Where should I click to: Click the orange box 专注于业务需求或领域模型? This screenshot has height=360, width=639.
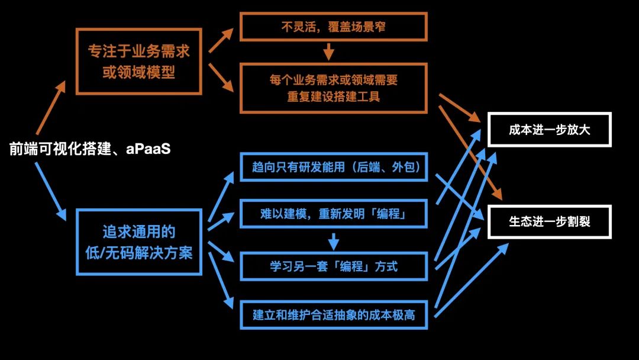[x=139, y=62]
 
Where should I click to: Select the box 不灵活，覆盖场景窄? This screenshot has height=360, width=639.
[x=334, y=27]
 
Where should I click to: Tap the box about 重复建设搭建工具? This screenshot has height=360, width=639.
[x=334, y=88]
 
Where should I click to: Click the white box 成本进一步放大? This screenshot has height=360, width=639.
[x=549, y=130]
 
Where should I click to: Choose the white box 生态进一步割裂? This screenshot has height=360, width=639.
[x=549, y=222]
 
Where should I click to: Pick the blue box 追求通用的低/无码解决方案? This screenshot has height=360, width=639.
[x=139, y=242]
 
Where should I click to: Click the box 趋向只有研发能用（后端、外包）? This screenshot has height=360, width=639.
[x=334, y=168]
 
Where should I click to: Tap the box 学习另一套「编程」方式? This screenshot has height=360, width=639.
[x=334, y=266]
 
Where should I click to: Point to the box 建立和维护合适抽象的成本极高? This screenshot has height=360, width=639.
[x=334, y=314]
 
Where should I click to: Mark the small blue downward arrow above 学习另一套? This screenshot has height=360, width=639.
[x=334, y=240]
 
